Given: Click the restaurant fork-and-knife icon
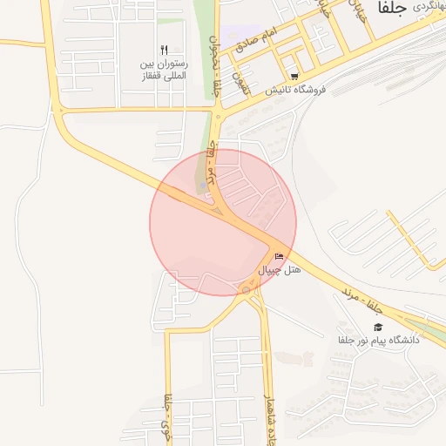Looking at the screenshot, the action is pyautogui.click(x=164, y=50).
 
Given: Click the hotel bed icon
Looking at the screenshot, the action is pyautogui.click(x=279, y=256).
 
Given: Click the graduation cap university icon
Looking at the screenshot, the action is pyautogui.click(x=378, y=327).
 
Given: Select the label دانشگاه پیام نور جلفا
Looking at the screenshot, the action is pyautogui.click(x=379, y=340).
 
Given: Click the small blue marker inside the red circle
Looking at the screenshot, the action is pyautogui.click(x=203, y=186).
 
